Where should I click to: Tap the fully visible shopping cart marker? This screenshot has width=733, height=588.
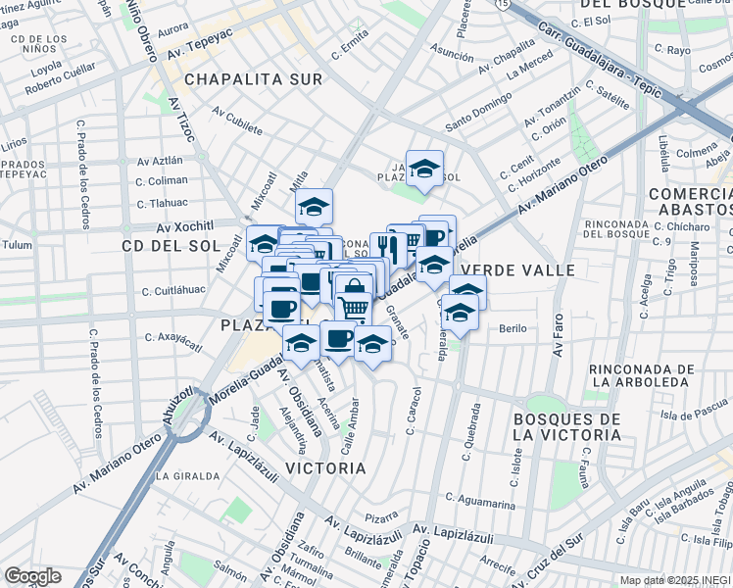[x=354, y=308]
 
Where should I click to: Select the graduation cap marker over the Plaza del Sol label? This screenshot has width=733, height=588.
[x=424, y=169]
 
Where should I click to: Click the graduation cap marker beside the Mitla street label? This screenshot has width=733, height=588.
[x=314, y=206]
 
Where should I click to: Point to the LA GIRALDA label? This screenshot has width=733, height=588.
[x=186, y=476]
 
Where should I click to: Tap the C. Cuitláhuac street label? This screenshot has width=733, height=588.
[x=171, y=291]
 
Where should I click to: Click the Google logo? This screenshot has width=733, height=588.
[x=33, y=576]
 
